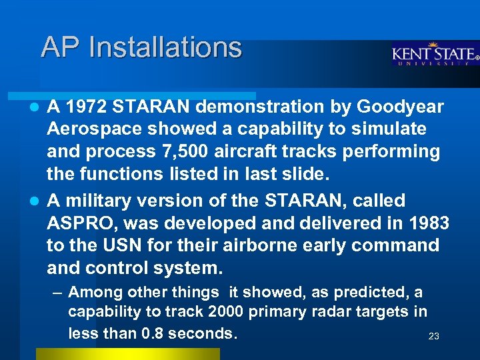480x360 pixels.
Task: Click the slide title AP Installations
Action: pos(141,47)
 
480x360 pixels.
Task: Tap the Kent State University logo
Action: pos(434,55)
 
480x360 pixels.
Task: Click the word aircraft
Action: pos(290,152)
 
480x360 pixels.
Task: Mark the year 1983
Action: pos(427,223)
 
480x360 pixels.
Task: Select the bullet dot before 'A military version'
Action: pos(37,201)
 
